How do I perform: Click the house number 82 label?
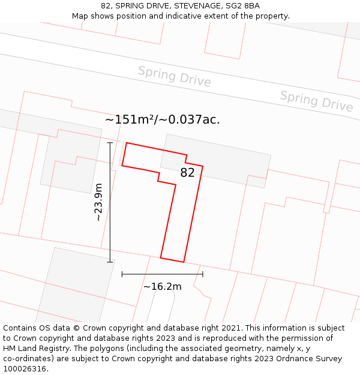point(187,173)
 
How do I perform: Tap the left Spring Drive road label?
point(174,76)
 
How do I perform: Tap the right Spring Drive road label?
point(316,101)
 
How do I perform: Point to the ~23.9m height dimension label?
point(99,202)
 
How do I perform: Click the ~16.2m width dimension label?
point(162,287)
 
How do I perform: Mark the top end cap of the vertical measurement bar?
point(110,143)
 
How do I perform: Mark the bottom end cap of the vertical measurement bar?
point(110,262)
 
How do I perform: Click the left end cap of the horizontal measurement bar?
point(122,274)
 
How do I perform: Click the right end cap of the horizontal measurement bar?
point(203,274)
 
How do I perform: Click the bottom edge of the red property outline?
point(172,260)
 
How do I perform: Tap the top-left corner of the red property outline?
point(126,143)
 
